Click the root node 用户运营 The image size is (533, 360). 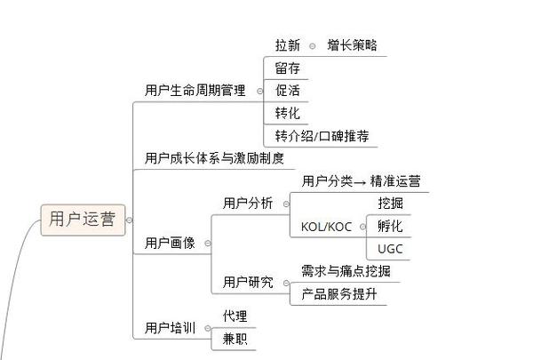click(x=82, y=219)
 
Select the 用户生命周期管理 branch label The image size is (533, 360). click(x=195, y=91)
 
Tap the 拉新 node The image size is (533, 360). click(x=288, y=44)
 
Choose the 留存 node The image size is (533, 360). click(x=287, y=68)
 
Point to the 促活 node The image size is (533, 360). click(x=287, y=91)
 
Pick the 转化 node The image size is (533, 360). click(x=287, y=113)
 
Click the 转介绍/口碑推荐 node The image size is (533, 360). click(x=322, y=136)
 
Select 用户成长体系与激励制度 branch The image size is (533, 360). click(x=214, y=158)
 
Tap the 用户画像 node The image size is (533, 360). click(x=170, y=242)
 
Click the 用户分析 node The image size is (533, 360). click(x=248, y=204)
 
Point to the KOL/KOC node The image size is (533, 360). click(x=327, y=226)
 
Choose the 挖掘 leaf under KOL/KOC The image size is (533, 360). click(x=390, y=204)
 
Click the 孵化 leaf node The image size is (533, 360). click(x=390, y=226)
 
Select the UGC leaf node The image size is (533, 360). click(x=390, y=249)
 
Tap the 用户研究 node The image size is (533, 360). click(x=248, y=283)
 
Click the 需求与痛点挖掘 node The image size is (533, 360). click(x=346, y=271)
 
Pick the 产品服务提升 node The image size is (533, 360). click(x=339, y=294)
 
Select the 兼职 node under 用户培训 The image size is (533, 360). click(x=235, y=339)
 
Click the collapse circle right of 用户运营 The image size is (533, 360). click(x=130, y=220)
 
